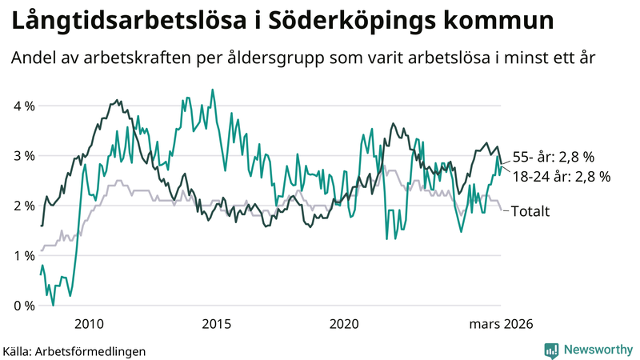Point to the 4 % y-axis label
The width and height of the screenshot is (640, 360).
(23, 106)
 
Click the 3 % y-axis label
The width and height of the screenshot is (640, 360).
(23, 155)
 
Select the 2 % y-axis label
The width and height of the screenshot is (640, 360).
(23, 206)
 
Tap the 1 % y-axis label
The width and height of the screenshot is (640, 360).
(23, 255)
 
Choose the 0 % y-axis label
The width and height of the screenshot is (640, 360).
(23, 306)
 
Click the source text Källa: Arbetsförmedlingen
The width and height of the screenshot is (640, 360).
(74, 350)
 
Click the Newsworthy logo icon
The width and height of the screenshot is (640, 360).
(551, 350)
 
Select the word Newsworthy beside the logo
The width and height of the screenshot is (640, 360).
(598, 350)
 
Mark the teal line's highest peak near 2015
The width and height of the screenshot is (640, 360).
(212, 90)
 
